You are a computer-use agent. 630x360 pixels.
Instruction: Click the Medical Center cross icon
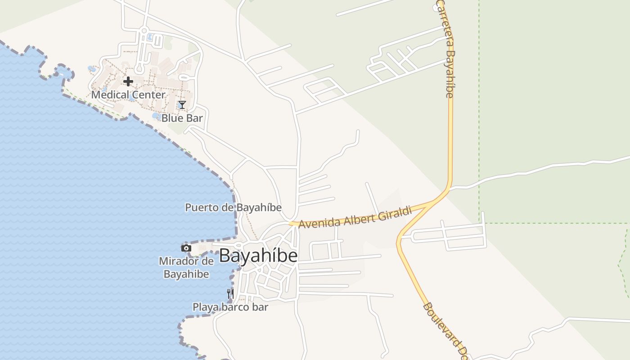(128, 81)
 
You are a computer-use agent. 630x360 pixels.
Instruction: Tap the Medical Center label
(128, 95)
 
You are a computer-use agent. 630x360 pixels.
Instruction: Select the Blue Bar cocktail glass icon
(182, 105)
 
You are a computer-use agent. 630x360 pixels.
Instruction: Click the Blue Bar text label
(182, 118)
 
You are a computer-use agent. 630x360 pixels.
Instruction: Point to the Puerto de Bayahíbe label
(233, 207)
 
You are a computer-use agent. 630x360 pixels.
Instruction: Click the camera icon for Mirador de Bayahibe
(186, 248)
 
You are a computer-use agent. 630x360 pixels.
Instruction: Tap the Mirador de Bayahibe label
(186, 267)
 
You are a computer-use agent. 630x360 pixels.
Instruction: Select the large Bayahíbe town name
(258, 256)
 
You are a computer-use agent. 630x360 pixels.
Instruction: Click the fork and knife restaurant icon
(230, 294)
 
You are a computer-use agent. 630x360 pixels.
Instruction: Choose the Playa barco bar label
(230, 307)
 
